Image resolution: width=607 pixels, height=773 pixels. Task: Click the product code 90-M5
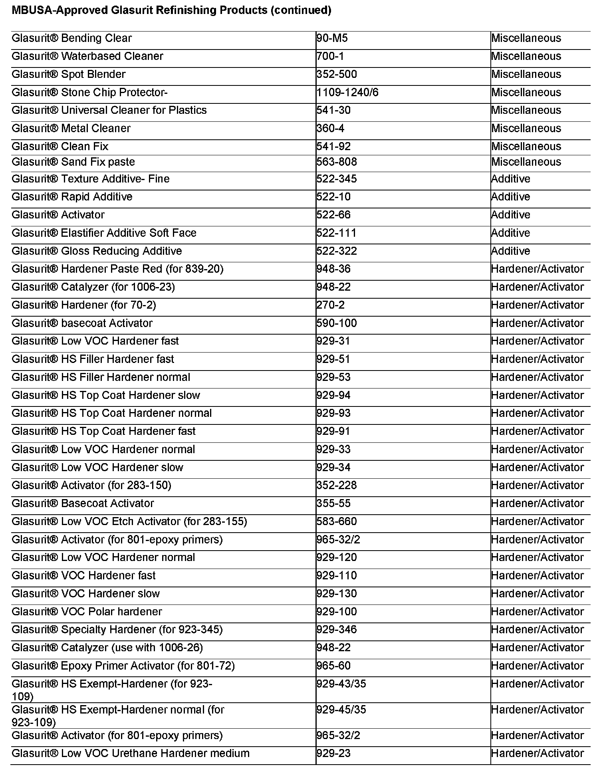click(x=332, y=38)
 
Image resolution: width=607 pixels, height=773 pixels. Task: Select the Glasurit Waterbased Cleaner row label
click(x=87, y=56)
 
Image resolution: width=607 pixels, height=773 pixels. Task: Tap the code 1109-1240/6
click(x=347, y=93)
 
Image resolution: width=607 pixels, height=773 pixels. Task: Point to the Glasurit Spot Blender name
click(x=69, y=74)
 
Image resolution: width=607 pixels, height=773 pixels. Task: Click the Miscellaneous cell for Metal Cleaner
click(x=526, y=129)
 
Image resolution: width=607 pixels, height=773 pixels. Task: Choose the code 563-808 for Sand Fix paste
click(x=336, y=162)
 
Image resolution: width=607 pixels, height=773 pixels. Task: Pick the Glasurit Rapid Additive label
click(x=72, y=197)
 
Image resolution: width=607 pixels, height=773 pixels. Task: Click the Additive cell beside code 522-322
click(x=510, y=251)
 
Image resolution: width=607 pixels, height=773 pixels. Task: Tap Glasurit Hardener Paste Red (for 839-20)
click(x=117, y=269)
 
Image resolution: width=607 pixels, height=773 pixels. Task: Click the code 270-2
click(x=330, y=305)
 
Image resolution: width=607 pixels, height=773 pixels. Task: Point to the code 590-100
click(x=336, y=323)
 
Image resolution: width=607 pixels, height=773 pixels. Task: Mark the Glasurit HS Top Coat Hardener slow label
click(x=106, y=395)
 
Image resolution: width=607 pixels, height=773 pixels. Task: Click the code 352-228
click(x=336, y=486)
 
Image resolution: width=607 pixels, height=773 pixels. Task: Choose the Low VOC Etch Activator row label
click(x=129, y=521)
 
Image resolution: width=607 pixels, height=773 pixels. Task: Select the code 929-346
click(x=336, y=630)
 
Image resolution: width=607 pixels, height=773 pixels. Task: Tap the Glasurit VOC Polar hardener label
click(x=87, y=612)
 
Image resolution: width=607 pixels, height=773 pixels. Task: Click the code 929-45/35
click(x=341, y=710)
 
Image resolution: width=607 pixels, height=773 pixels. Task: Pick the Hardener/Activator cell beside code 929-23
click(x=537, y=753)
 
